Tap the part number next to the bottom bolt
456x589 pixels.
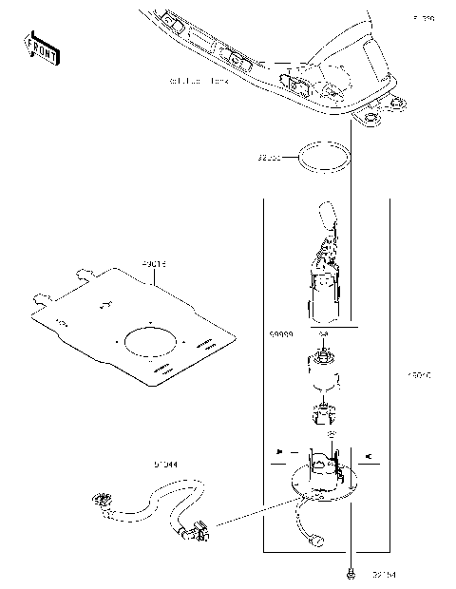[x=384, y=574]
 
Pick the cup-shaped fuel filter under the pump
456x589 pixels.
[x=324, y=372]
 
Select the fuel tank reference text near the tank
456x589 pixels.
[x=199, y=82]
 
